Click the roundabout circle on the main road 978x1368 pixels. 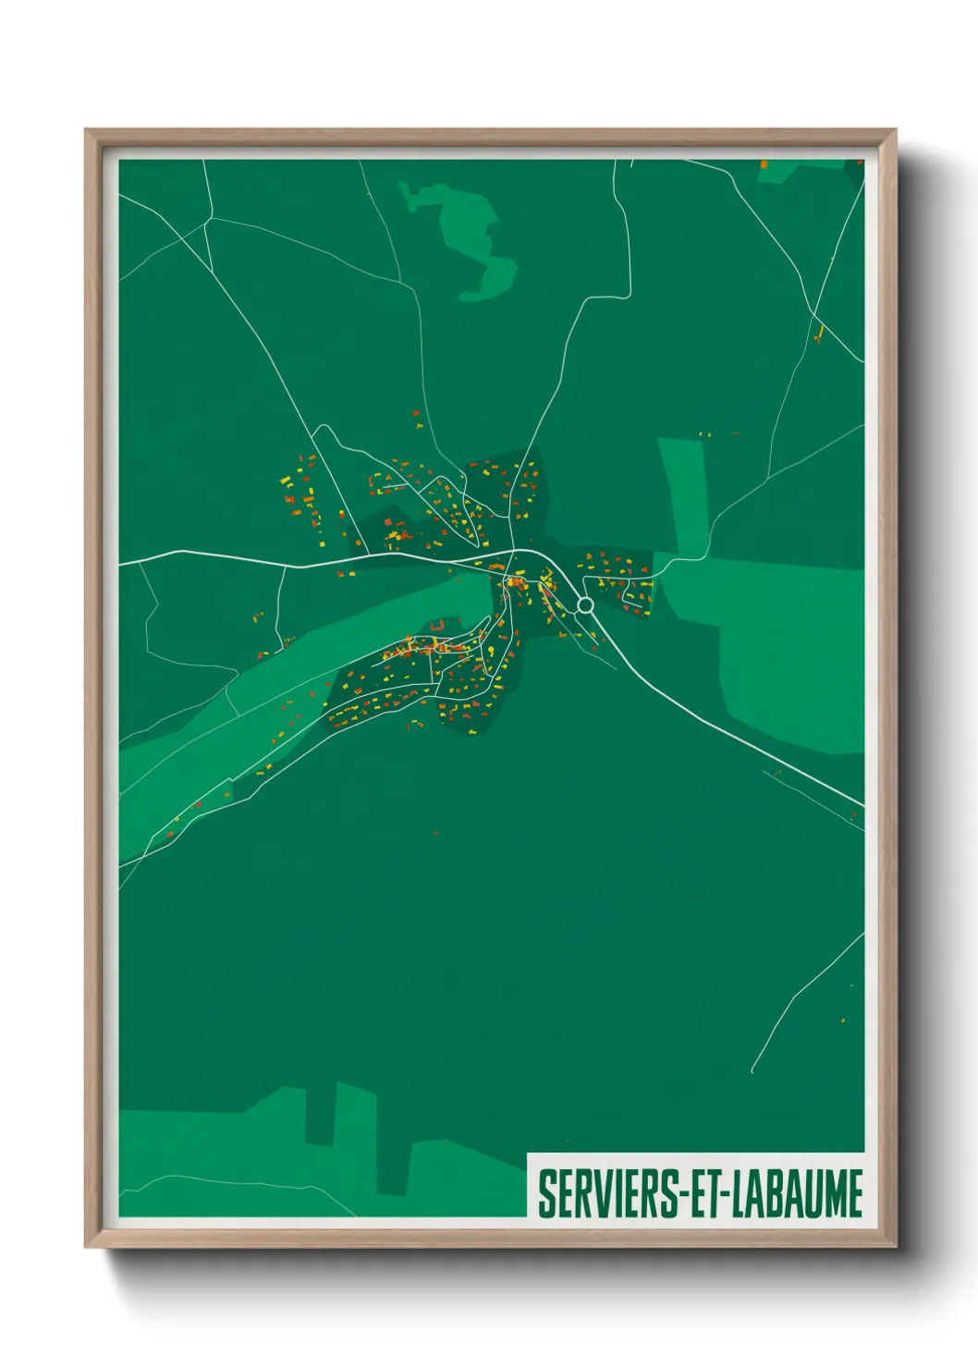click(x=584, y=605)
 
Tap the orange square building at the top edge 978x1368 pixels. click(x=764, y=164)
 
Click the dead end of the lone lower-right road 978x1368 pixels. click(x=752, y=1071)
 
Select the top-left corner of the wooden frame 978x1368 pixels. click(x=88, y=132)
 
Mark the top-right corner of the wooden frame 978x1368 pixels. click(x=895, y=132)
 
